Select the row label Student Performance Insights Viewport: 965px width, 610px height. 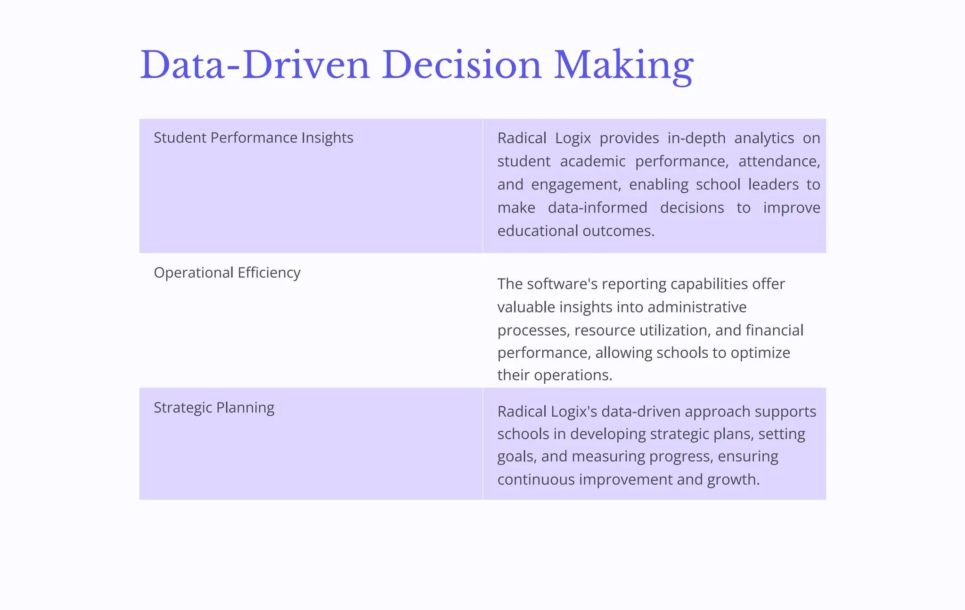pos(253,138)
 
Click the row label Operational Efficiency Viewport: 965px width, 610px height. pos(227,272)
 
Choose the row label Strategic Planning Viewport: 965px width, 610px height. pos(214,407)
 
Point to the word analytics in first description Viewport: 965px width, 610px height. pos(764,138)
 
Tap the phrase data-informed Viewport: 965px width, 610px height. pos(597,207)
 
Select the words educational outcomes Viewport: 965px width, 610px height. pos(575,231)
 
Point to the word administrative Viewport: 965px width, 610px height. pos(697,307)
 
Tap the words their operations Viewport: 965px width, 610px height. pos(555,375)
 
